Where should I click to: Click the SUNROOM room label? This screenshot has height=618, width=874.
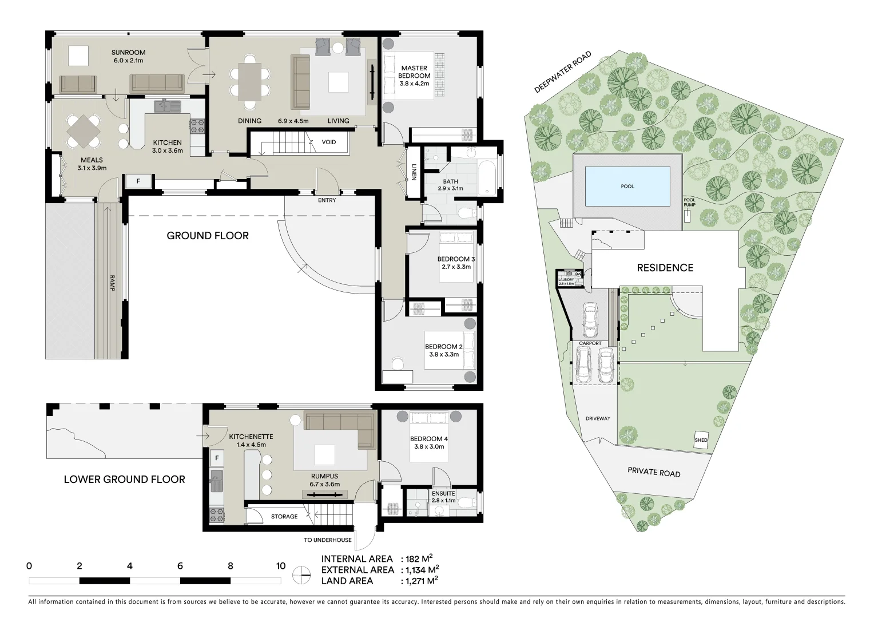(x=128, y=53)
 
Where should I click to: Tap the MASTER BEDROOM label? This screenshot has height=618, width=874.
(x=414, y=72)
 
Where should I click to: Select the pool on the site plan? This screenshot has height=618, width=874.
(x=627, y=186)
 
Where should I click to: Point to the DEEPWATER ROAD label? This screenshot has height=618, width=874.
(x=562, y=73)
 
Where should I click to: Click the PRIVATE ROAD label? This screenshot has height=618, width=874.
(x=654, y=472)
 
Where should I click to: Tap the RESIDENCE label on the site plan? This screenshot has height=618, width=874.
(x=665, y=268)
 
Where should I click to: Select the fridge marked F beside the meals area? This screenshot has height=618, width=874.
(x=138, y=181)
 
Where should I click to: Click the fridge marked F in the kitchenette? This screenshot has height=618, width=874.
(x=217, y=458)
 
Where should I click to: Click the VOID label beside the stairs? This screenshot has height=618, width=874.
(x=329, y=142)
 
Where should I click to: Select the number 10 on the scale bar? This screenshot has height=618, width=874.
(x=280, y=566)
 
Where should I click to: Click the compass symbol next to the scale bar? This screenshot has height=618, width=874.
(x=301, y=575)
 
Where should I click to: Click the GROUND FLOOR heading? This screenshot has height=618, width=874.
(x=208, y=236)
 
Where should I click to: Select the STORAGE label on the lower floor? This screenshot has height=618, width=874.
(x=284, y=517)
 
